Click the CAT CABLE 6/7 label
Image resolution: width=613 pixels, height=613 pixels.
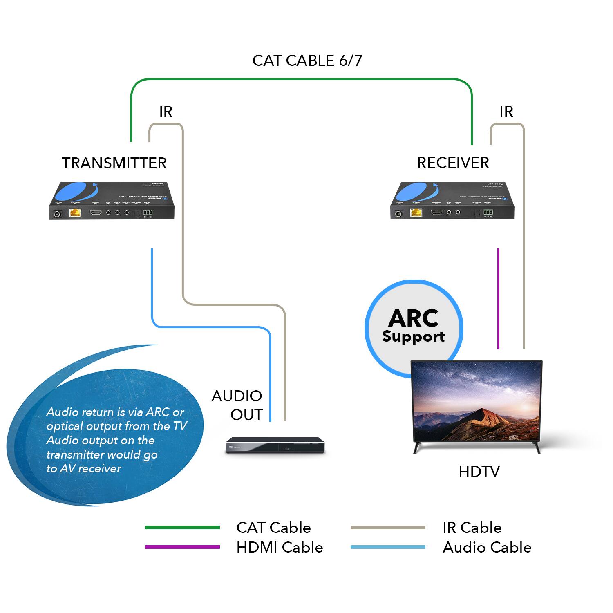click(x=307, y=60)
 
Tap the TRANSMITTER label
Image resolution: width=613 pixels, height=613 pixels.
click(x=114, y=163)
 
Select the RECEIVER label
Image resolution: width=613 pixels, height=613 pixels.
click(x=453, y=163)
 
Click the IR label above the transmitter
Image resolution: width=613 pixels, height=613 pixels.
click(x=166, y=112)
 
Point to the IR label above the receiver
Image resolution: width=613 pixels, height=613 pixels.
click(x=506, y=112)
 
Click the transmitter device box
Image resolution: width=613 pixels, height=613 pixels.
click(x=112, y=201)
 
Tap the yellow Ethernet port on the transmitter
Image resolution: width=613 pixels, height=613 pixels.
click(x=75, y=213)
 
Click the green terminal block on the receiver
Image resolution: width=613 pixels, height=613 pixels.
click(x=488, y=212)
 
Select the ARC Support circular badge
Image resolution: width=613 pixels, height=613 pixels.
click(x=414, y=327)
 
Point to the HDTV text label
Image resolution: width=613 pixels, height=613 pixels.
click(x=479, y=472)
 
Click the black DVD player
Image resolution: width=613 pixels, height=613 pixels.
click(x=275, y=445)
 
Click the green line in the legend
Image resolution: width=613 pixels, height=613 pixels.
click(x=182, y=528)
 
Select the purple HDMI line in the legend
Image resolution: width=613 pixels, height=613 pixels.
click(x=182, y=547)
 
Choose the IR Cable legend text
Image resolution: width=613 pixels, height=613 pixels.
click(x=472, y=528)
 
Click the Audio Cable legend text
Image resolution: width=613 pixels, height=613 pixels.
click(x=487, y=547)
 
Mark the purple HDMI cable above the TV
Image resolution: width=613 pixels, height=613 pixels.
click(x=498, y=298)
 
